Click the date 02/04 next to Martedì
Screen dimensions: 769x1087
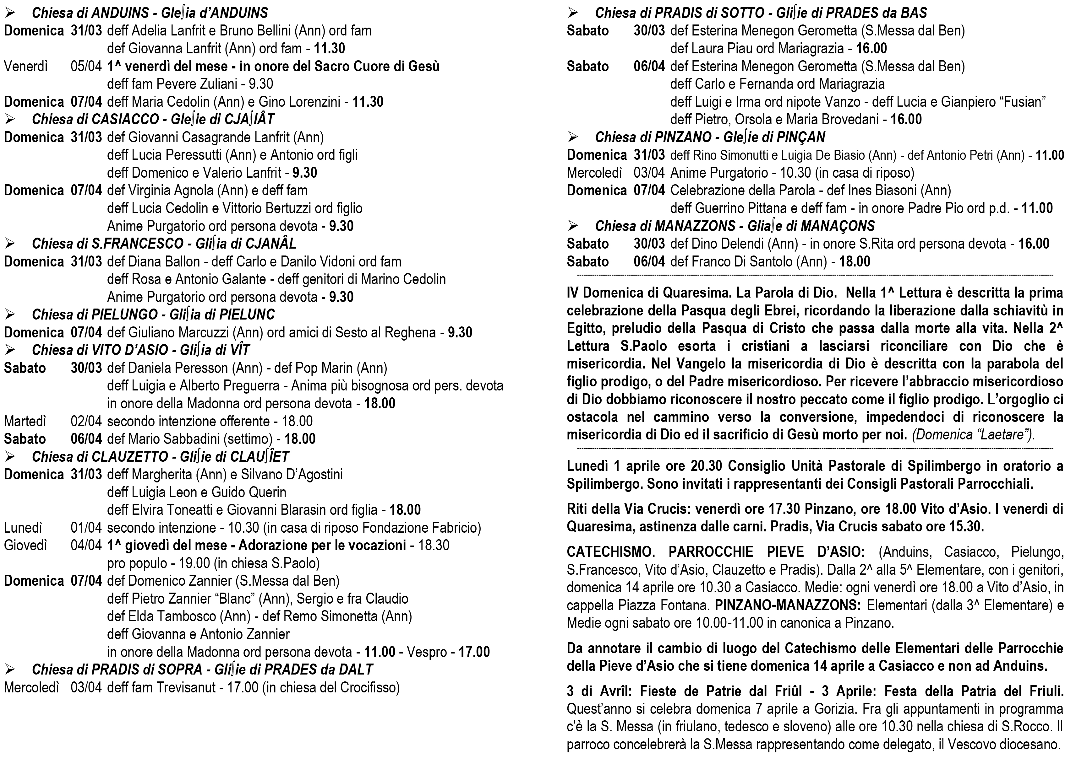coord(86,421)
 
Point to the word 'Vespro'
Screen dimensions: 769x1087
coord(426,652)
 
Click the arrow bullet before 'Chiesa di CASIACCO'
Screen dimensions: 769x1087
coord(10,120)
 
